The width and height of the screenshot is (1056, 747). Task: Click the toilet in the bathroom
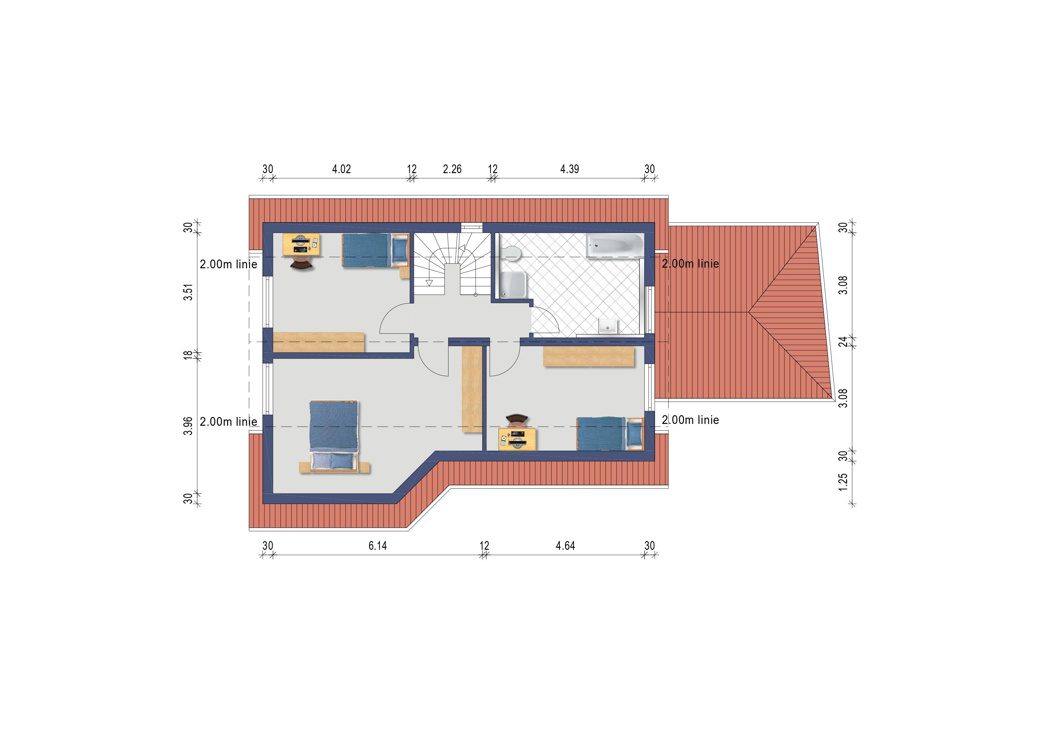tap(511, 253)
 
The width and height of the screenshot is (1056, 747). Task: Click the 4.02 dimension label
tap(341, 169)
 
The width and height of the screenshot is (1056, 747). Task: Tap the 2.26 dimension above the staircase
tap(452, 169)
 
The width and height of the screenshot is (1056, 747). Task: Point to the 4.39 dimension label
tap(570, 169)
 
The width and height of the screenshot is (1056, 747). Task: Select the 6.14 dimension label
tap(377, 546)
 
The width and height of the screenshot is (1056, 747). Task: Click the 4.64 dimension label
tap(565, 546)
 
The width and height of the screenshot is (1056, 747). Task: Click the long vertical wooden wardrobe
tap(472, 389)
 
